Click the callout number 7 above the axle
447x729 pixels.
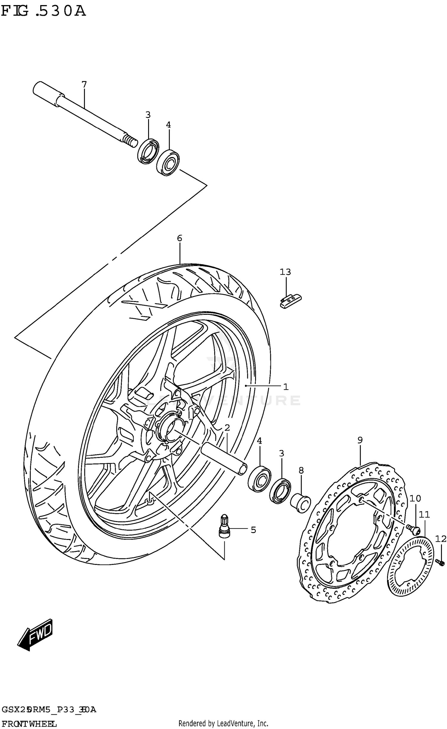tap(84, 85)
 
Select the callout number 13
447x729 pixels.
tap(285, 272)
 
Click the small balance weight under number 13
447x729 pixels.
tap(290, 301)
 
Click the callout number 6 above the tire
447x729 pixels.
tap(179, 238)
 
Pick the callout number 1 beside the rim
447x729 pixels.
tap(286, 387)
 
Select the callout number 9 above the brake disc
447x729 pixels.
tap(360, 440)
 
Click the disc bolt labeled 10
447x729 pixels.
tap(413, 529)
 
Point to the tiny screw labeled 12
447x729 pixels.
tap(440, 562)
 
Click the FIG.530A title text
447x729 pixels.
tap(44, 11)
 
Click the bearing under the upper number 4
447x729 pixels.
tap(168, 163)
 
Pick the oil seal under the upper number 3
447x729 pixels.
tap(148, 151)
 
